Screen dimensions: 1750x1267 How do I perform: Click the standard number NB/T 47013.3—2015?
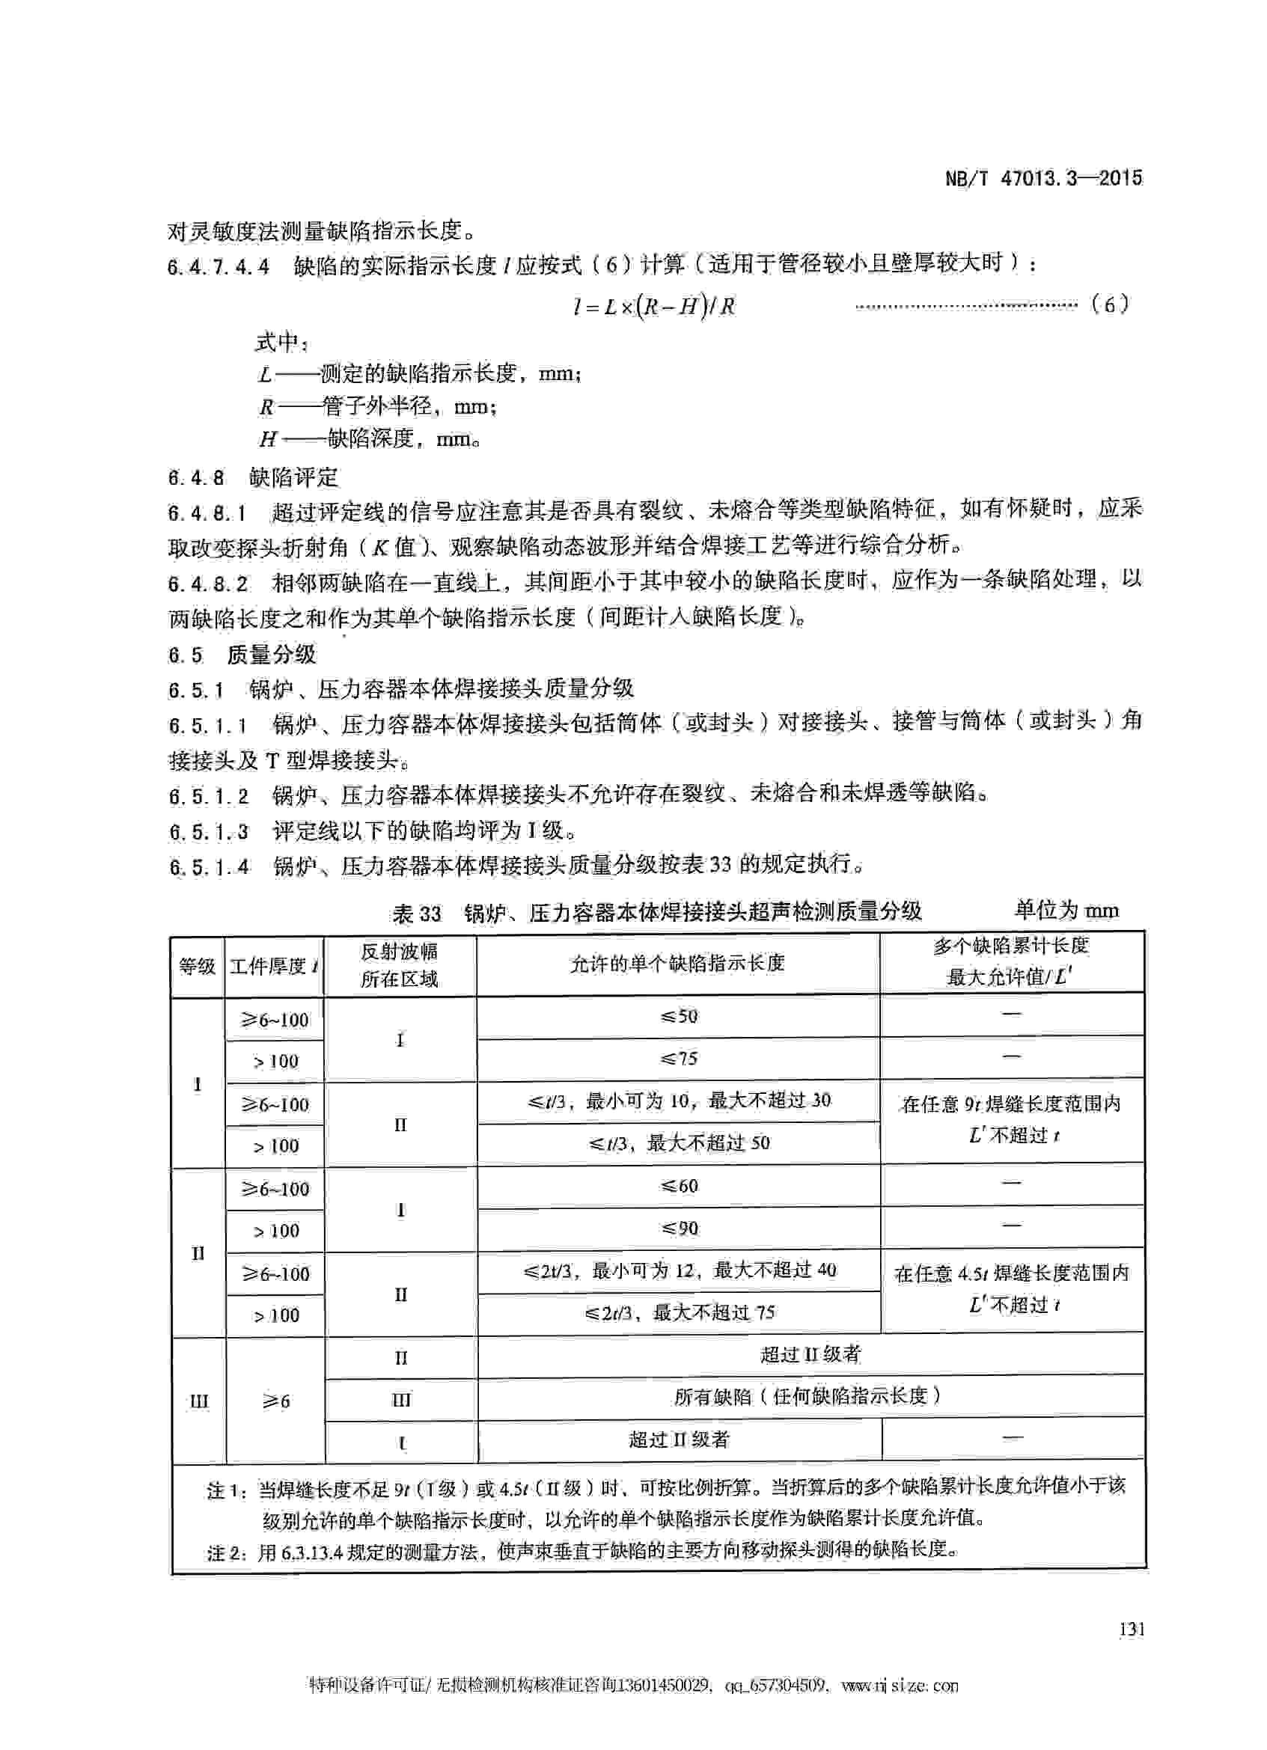(1043, 178)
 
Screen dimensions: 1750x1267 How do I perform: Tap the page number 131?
(1132, 1629)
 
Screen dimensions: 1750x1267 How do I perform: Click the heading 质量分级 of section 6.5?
(272, 655)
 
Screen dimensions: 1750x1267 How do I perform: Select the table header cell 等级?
(197, 966)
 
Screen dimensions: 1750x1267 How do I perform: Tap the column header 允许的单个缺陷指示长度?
(677, 963)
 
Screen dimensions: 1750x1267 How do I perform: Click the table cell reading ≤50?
(678, 1016)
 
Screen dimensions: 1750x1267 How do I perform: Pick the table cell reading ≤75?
(678, 1059)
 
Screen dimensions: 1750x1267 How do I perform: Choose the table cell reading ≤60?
(678, 1186)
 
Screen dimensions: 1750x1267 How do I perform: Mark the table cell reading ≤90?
(678, 1228)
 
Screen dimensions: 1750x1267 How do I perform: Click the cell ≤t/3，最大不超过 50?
(678, 1142)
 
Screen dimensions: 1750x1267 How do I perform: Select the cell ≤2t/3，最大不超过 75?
(678, 1312)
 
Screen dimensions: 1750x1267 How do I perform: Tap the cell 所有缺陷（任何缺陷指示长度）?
(809, 1396)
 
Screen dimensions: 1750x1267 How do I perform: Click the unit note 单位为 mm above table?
(1066, 911)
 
